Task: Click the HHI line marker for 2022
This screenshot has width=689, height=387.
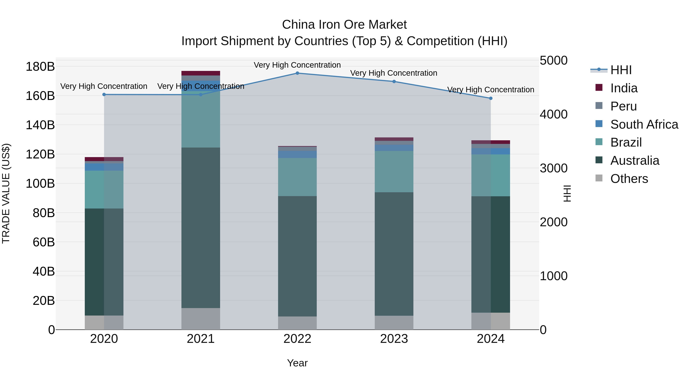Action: click(x=297, y=73)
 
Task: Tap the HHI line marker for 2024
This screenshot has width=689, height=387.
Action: click(x=491, y=98)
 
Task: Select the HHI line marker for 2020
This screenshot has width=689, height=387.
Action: click(x=104, y=95)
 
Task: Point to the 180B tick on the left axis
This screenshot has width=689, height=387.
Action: click(x=40, y=67)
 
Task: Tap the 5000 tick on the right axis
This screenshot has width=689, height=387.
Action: click(x=553, y=60)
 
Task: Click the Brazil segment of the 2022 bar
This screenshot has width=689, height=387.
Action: click(x=297, y=177)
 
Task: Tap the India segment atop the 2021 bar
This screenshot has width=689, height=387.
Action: click(x=201, y=73)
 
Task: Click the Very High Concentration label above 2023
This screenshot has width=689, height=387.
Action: click(x=393, y=73)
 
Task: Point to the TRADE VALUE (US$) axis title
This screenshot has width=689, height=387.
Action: click(x=6, y=193)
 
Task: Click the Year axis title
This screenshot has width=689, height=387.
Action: click(x=297, y=363)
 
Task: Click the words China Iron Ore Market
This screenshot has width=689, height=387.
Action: click(x=344, y=25)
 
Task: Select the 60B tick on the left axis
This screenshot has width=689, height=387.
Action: click(x=43, y=242)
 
